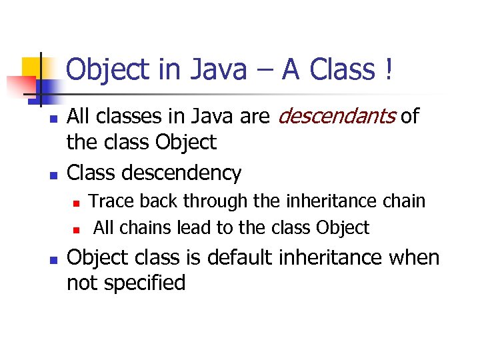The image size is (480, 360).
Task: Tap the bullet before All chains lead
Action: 77,229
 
